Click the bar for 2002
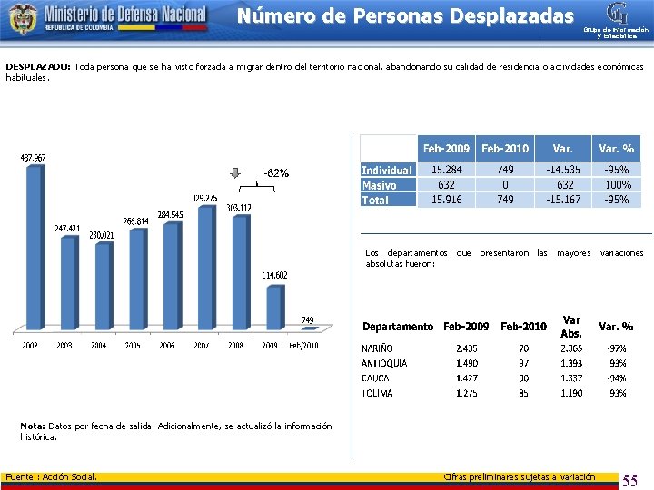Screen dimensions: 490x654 [x=33, y=250]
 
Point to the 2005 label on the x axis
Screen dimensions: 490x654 [x=134, y=345]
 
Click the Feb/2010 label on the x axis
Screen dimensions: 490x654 [x=303, y=345]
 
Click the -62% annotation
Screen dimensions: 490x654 [x=276, y=172]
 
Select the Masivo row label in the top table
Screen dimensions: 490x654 [x=379, y=184]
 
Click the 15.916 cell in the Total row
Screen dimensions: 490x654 [x=445, y=200]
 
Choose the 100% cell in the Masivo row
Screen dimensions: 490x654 [x=617, y=184]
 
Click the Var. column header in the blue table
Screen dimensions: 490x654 [x=563, y=148]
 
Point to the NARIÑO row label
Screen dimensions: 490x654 [x=379, y=348]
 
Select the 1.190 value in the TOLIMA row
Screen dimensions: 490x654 [x=571, y=393]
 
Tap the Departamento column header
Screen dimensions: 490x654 [x=398, y=327]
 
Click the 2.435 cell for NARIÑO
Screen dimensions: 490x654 [x=467, y=348]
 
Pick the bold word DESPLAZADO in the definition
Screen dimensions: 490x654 [x=37, y=67]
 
